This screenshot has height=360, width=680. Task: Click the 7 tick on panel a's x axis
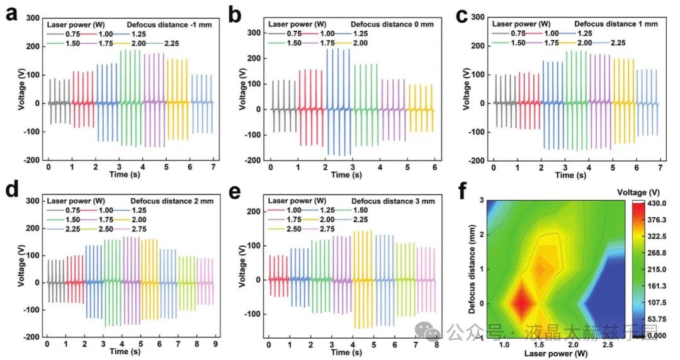coord(213,168)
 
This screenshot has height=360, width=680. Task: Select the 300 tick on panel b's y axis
coord(254,33)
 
